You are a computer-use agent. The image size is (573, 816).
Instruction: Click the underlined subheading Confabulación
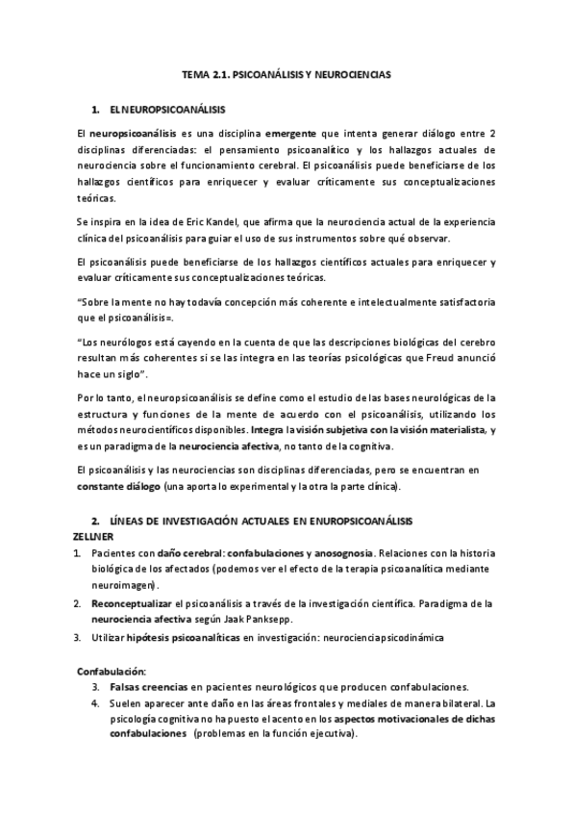coord(112,670)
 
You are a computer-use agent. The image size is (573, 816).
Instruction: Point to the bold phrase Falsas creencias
coord(147,686)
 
